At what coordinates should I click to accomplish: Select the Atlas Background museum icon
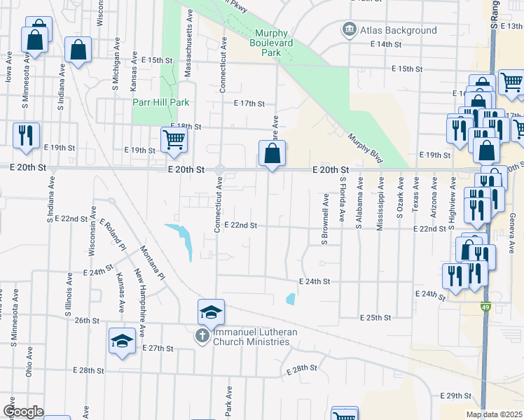coord(348,30)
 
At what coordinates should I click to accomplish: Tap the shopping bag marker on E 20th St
coord(272,153)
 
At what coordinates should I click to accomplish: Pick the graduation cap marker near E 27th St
coord(122,341)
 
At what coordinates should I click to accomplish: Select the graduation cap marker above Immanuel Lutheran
coord(211,312)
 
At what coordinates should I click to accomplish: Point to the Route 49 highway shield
coord(485,306)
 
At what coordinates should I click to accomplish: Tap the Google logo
coord(22,412)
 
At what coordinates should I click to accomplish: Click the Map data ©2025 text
coord(494,414)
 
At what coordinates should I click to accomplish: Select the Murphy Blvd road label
coord(365,148)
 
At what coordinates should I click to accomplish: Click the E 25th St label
coord(375,317)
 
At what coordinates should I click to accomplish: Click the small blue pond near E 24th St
coord(290,299)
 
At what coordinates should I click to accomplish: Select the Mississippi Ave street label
coord(380,204)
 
